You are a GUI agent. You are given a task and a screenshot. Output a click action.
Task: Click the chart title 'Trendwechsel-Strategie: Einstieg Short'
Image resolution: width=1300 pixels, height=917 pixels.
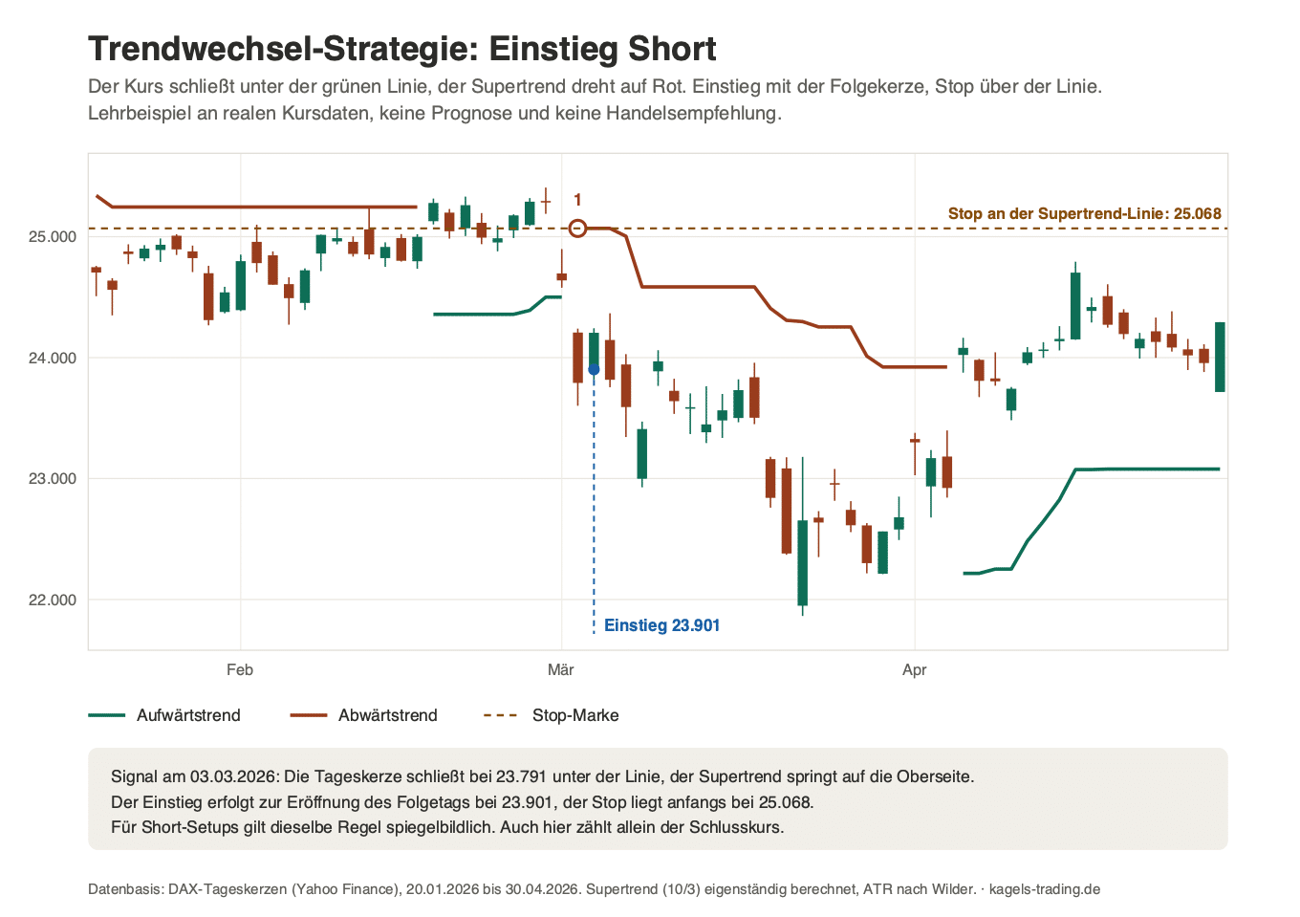click(402, 49)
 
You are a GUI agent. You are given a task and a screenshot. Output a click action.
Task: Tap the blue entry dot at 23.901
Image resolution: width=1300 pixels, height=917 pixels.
click(594, 370)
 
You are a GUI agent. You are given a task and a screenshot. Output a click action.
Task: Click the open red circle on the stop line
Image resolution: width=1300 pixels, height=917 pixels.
click(577, 229)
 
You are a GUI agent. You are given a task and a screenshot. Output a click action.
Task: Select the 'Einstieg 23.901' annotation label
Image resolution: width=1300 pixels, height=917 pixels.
click(661, 625)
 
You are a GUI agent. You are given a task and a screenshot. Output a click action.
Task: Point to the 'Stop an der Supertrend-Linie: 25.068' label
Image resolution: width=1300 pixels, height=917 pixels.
click(1085, 213)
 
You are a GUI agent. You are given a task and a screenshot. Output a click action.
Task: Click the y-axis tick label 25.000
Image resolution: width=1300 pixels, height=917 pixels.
click(53, 237)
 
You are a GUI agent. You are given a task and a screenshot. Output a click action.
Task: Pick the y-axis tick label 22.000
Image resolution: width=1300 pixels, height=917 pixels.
click(53, 600)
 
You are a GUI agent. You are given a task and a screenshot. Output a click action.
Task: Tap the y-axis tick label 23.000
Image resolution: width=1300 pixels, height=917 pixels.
click(53, 479)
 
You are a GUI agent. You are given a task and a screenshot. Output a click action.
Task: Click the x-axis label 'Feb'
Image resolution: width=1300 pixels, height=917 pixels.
click(240, 670)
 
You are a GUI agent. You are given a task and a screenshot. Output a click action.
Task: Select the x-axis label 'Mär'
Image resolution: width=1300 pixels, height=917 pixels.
click(560, 670)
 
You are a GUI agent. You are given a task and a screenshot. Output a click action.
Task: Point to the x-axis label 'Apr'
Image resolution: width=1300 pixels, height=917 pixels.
click(914, 670)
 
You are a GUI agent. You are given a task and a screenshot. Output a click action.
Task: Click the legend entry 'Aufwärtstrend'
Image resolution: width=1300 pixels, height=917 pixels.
click(164, 715)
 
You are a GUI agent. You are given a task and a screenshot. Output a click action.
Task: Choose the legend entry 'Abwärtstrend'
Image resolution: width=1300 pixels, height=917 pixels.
click(364, 715)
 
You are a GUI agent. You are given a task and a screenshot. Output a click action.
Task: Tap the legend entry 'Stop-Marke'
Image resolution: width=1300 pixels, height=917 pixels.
click(552, 715)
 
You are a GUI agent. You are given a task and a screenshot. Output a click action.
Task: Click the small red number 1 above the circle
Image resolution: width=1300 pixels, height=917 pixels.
click(577, 200)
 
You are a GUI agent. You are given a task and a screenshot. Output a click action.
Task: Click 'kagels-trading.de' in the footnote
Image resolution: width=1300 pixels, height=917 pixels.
click(1045, 889)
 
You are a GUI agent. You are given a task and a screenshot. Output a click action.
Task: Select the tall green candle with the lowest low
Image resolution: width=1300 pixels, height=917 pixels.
click(803, 563)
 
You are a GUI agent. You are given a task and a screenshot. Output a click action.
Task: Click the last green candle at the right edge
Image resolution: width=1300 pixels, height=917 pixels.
click(1220, 357)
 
